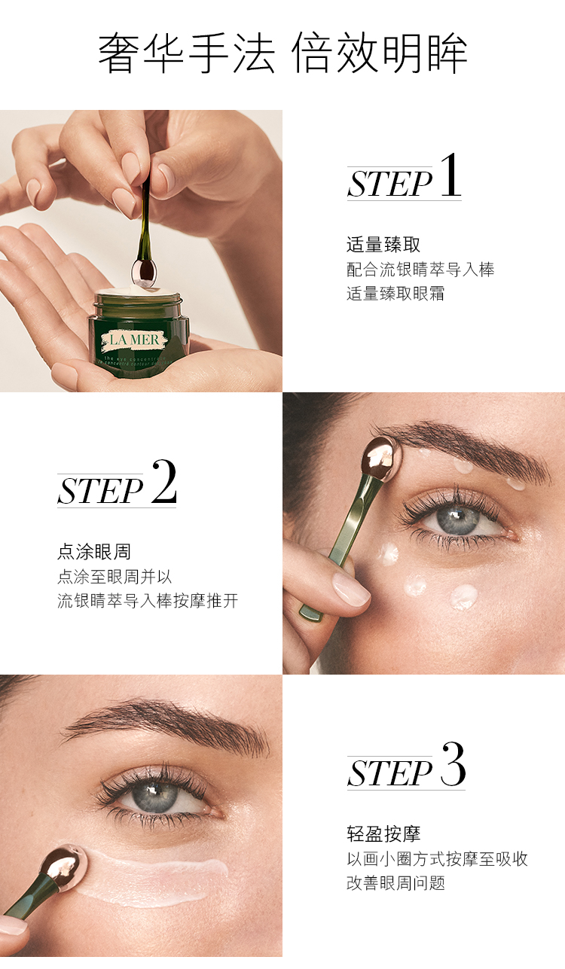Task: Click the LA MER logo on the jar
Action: [x=133, y=340]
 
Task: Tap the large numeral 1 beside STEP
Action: [x=450, y=175]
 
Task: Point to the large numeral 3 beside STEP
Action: [x=453, y=764]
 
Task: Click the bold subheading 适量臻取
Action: [x=383, y=245]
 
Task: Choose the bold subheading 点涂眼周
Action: [x=94, y=552]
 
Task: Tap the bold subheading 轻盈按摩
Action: [x=383, y=834]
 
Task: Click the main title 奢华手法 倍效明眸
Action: [x=282, y=53]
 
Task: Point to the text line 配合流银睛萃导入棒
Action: [x=420, y=269]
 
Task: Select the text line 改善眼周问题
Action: [x=395, y=883]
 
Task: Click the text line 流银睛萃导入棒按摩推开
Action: [x=148, y=600]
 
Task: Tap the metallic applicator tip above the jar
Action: [x=144, y=272]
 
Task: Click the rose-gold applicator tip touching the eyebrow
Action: [x=380, y=459]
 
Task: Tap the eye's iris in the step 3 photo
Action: [x=154, y=794]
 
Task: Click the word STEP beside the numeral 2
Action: [x=100, y=491]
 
